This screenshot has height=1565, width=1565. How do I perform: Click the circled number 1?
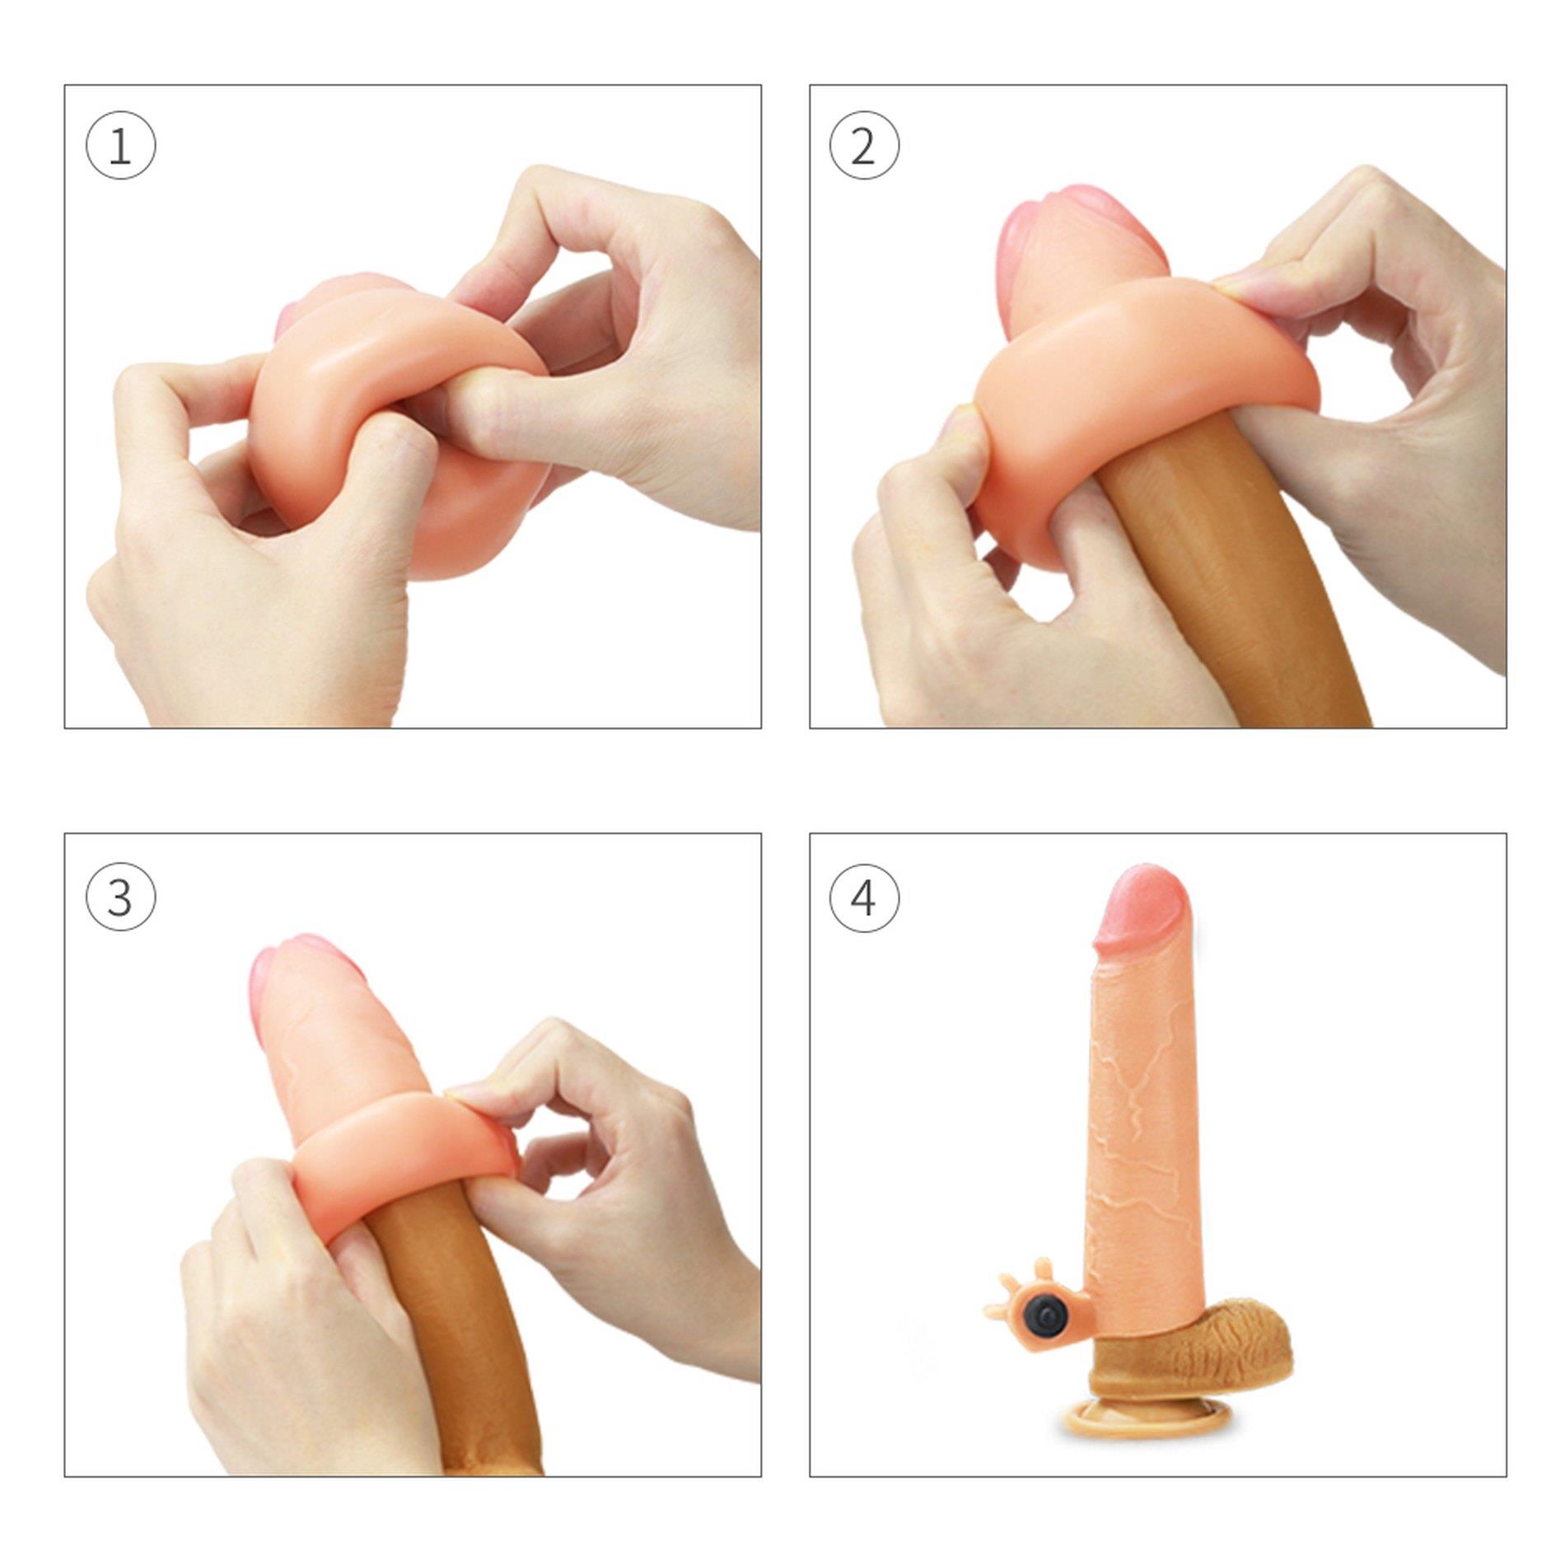tap(120, 147)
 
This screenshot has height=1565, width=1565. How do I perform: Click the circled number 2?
tap(863, 147)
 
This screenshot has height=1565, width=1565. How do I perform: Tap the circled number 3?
tap(120, 896)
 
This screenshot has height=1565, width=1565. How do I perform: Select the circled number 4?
tap(863, 896)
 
